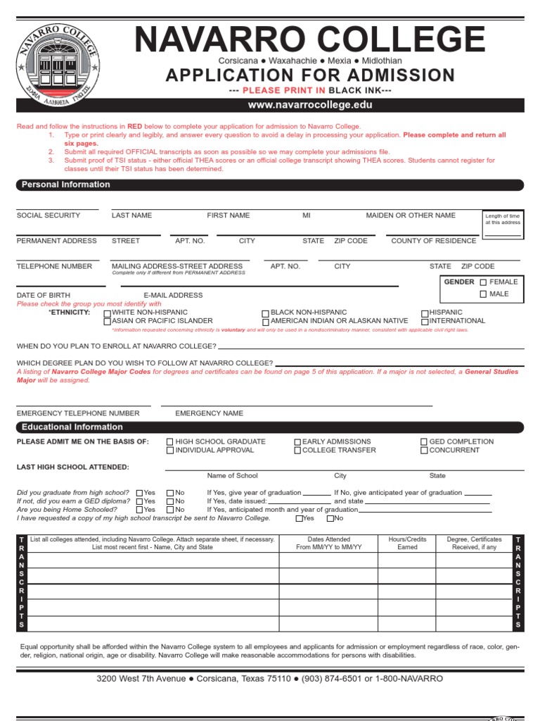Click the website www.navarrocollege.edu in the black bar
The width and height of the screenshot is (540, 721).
(309, 105)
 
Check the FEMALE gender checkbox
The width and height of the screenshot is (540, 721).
(483, 282)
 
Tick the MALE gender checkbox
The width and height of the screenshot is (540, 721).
(483, 294)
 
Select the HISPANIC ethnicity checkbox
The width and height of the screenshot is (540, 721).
(425, 313)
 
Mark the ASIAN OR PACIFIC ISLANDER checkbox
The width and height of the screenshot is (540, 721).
(107, 321)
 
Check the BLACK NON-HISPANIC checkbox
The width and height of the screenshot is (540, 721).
(265, 313)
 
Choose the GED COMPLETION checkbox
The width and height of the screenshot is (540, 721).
(424, 442)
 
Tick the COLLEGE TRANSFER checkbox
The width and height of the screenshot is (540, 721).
(297, 451)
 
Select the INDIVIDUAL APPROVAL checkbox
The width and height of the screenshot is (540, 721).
(170, 451)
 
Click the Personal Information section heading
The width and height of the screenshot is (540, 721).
(66, 184)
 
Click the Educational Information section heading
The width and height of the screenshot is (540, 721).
(72, 427)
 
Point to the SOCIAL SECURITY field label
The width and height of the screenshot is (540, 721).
(49, 215)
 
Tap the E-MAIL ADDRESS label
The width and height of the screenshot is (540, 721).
(173, 296)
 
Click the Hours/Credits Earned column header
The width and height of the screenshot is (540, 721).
(407, 543)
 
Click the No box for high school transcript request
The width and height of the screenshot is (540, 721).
(330, 519)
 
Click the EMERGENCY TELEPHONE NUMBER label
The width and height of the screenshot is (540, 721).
(78, 413)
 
